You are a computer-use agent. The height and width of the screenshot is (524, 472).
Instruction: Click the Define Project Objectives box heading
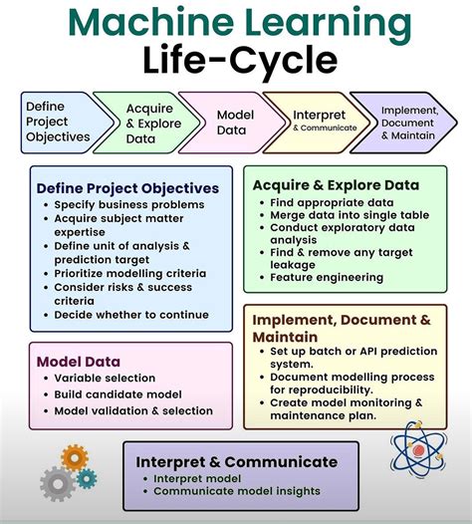click(x=127, y=187)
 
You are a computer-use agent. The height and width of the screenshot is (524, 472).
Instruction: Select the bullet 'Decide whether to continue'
click(x=131, y=314)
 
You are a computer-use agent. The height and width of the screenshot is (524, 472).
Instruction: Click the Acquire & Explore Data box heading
click(x=336, y=184)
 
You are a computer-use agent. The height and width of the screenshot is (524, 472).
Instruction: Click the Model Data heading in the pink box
click(x=79, y=362)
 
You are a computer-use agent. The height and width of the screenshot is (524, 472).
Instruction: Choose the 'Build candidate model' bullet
click(x=118, y=394)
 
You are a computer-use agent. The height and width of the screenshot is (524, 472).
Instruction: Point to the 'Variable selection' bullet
click(x=105, y=379)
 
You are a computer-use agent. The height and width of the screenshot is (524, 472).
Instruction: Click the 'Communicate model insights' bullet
click(x=237, y=490)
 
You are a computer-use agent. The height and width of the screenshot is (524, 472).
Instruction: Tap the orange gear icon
click(x=75, y=458)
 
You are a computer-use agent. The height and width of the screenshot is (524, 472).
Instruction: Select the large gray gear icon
click(x=57, y=484)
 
